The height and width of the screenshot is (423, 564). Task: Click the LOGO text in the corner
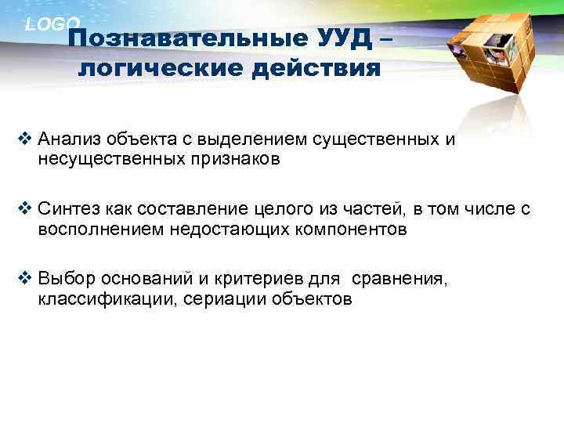coord(52,24)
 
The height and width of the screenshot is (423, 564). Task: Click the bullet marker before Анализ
coord(24,141)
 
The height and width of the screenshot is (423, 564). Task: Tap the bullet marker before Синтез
coord(24,209)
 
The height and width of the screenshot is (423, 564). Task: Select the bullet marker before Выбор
coord(24,279)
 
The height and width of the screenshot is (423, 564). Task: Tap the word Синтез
coord(67,209)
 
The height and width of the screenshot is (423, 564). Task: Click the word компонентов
coord(345,229)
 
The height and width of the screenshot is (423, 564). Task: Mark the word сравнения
coord(399,279)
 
